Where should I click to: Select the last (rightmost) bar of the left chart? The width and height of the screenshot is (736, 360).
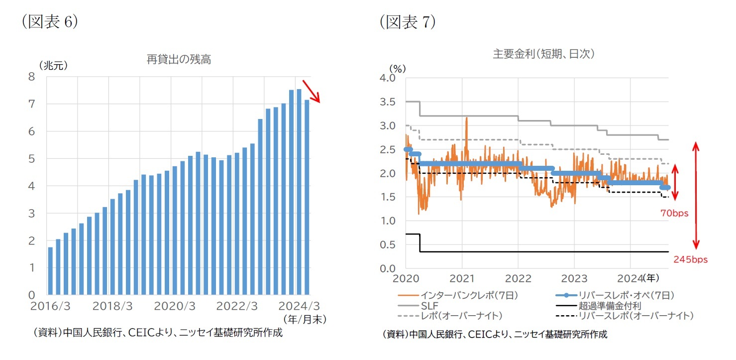pyautogui.click(x=307, y=197)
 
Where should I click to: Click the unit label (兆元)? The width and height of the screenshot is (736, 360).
pyautogui.click(x=53, y=65)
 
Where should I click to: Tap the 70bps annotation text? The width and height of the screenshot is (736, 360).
pyautogui.click(x=674, y=214)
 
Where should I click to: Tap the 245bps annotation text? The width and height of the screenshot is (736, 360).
pyautogui.click(x=690, y=259)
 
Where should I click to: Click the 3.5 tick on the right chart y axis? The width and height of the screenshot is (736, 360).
pyautogui.click(x=388, y=102)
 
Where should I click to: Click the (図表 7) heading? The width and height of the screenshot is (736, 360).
pyautogui.click(x=407, y=22)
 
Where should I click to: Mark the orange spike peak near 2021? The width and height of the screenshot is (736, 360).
pyautogui.click(x=466, y=118)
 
